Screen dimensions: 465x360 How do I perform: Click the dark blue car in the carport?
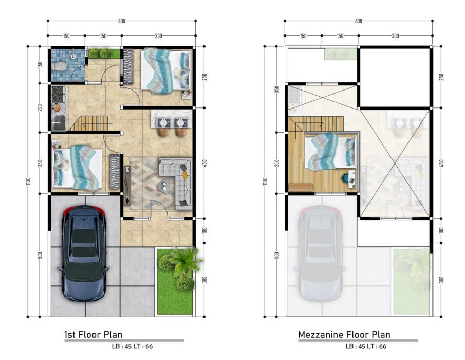84,254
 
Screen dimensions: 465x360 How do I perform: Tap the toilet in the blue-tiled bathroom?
58,66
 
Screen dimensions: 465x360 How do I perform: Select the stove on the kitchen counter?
58,94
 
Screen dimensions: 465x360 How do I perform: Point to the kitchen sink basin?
59,122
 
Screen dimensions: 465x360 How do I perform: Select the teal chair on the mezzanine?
345,178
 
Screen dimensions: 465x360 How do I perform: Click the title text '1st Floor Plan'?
94,335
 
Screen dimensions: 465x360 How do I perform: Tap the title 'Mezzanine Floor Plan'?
344,335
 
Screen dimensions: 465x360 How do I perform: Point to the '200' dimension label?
40,107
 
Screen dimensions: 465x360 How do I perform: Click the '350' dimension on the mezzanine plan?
277,89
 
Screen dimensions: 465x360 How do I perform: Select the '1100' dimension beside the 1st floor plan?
28,181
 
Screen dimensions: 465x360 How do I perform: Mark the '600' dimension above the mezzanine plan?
358,21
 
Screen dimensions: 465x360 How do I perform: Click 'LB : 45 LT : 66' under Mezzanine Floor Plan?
366,346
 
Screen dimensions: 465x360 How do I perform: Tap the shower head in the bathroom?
73,56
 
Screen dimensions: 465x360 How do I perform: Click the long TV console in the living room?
127,186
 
